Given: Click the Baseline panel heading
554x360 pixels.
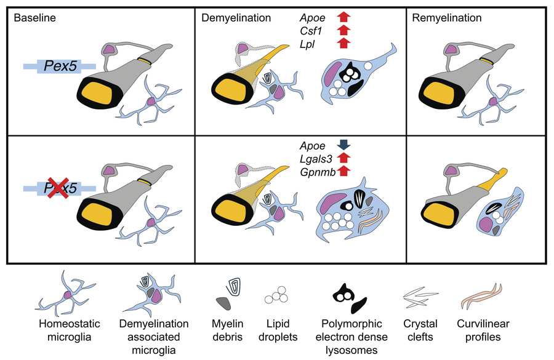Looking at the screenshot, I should (34, 18).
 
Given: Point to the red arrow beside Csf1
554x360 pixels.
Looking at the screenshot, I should (343, 30).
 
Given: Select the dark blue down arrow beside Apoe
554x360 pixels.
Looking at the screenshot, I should (343, 145).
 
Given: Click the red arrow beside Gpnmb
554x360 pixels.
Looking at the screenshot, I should (343, 173).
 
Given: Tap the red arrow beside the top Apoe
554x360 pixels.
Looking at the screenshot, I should (343, 17).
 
